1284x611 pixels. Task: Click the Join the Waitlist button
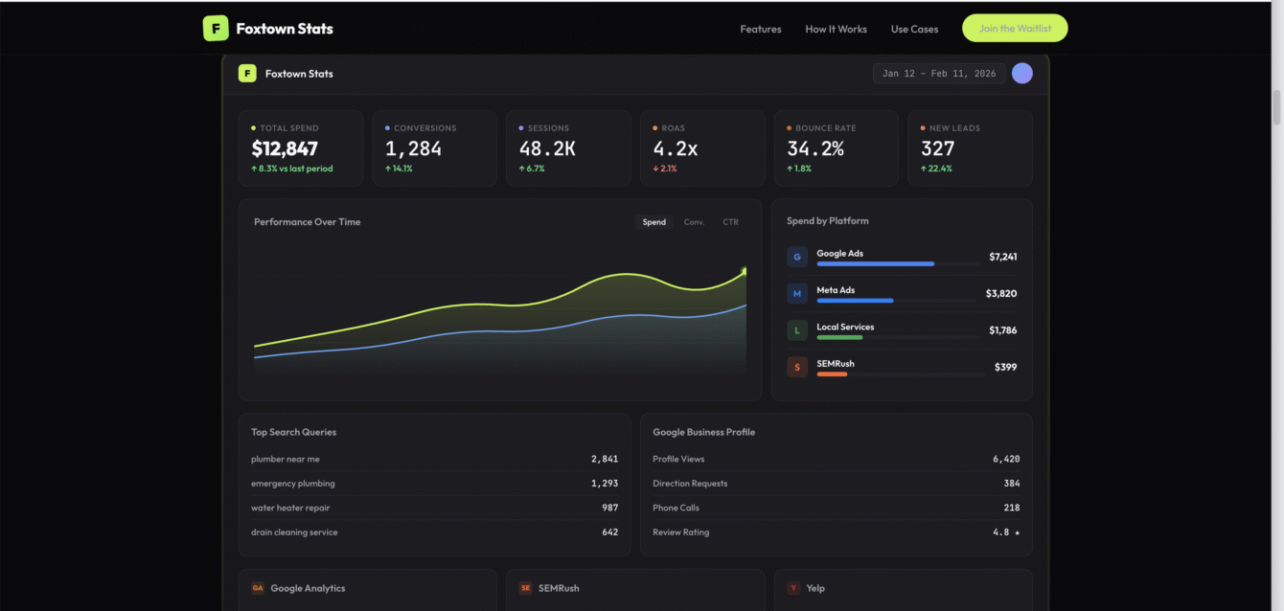1014,29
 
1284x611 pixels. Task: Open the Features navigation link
760,29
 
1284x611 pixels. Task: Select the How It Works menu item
836,29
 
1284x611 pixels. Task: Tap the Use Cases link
914,29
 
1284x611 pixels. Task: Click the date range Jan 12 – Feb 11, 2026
938,74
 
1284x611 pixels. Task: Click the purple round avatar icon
1021,74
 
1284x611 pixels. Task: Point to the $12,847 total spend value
285,148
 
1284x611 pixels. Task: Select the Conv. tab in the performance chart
694,222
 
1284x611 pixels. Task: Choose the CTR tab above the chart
730,222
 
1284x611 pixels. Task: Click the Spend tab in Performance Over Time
653,222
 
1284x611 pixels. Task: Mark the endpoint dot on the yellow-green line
745,272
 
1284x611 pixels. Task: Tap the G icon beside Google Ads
797,257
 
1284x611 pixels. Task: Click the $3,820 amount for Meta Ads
1001,294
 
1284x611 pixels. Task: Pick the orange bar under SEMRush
832,374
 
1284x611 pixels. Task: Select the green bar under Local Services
839,337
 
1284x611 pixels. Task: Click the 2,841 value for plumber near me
604,460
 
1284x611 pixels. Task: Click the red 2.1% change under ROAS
665,169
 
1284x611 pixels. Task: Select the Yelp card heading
814,588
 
